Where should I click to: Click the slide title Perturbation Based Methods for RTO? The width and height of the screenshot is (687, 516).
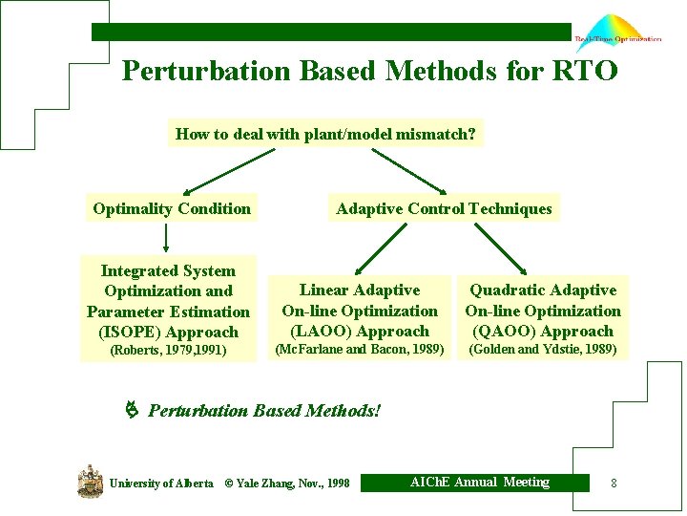tap(369, 72)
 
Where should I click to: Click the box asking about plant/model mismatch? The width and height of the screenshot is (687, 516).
tap(325, 135)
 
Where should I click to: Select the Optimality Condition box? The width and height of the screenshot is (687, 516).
tap(172, 208)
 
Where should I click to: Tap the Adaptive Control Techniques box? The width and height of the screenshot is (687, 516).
tap(444, 208)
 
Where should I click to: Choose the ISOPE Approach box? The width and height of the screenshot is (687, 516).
tap(168, 301)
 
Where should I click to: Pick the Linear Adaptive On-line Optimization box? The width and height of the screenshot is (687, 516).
tap(360, 310)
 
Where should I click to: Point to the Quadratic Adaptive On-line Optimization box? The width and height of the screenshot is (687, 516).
tap(542, 310)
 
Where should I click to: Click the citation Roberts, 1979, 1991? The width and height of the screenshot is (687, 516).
tap(168, 351)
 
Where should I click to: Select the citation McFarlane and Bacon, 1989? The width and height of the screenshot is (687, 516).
tap(360, 350)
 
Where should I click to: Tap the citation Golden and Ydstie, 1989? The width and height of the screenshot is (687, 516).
tap(542, 350)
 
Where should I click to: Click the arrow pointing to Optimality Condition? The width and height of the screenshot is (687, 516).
tap(221, 171)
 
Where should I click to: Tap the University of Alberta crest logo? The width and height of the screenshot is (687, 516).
tap(90, 481)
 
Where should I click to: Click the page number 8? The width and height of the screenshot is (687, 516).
tap(614, 484)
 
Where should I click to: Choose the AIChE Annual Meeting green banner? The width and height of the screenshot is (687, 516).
tap(479, 483)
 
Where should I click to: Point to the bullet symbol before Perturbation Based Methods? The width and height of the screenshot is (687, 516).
tap(133, 411)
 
